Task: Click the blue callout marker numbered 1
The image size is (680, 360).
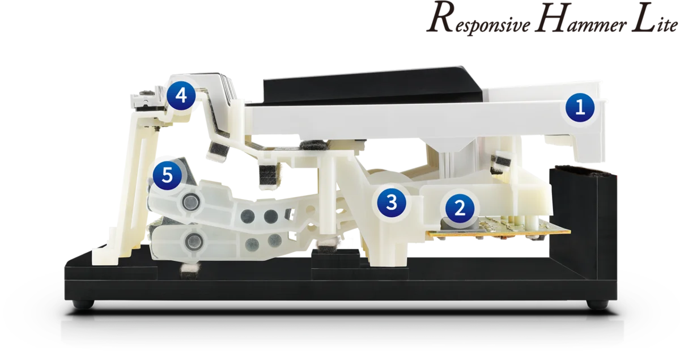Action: click(580, 108)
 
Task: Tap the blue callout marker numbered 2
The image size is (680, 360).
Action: click(460, 209)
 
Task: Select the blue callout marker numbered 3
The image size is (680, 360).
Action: click(392, 202)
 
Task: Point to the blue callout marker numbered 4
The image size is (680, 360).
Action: click(181, 96)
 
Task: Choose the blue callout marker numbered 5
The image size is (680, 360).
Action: click(167, 175)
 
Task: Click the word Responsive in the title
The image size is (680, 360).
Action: click(479, 22)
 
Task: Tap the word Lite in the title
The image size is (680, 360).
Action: click(654, 18)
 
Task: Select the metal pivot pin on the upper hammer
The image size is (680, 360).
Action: click(192, 201)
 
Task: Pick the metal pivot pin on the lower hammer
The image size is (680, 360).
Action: click(193, 242)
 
